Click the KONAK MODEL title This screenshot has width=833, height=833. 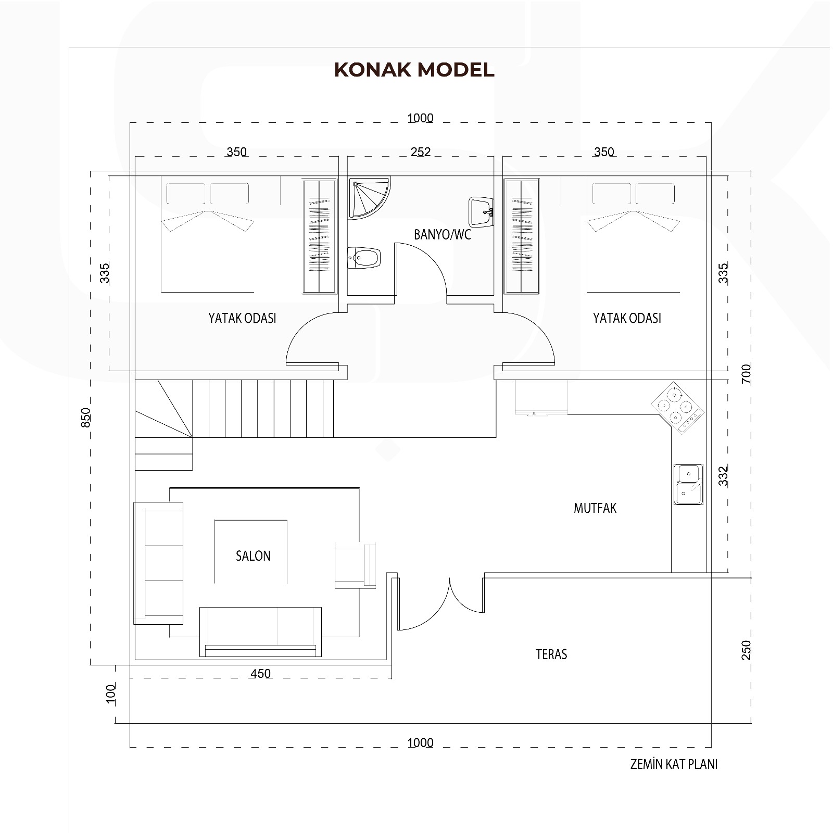pos(414,70)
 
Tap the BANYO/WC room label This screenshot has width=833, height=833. pos(442,234)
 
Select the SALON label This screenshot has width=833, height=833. pos(253,556)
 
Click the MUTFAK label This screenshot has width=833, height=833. pos(595,508)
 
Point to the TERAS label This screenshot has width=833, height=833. pos(551,654)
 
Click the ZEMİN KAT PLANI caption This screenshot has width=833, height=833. pos(674,764)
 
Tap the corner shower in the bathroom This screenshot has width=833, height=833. pos(369,196)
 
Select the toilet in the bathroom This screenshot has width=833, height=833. pos(364,258)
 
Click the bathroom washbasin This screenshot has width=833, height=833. pos(481,212)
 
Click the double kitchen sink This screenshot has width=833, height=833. pos(688,484)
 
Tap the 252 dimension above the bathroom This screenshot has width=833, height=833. pos(421,152)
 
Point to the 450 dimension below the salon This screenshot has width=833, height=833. pos(260,673)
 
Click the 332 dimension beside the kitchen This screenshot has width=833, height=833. pos(723,476)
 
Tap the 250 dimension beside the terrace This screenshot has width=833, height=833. pos(746,651)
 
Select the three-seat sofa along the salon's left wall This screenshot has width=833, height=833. pos(159,563)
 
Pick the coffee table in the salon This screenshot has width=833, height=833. pos(251,551)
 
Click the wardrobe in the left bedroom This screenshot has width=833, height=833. pos(319,236)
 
